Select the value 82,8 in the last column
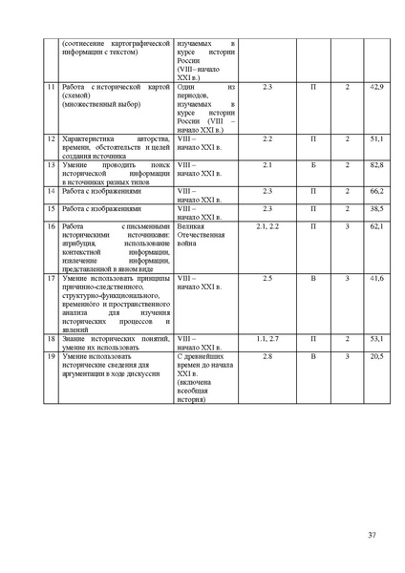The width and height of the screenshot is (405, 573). [x=376, y=166]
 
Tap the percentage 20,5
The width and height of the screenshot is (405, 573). [x=376, y=355]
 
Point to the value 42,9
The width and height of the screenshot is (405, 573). [x=376, y=88]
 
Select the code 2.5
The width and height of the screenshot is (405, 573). [x=266, y=278]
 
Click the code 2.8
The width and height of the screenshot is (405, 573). [x=266, y=355]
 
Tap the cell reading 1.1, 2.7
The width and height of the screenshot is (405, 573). [x=266, y=339]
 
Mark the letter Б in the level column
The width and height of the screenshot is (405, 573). [x=313, y=166]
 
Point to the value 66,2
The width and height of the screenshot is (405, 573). [x=376, y=192]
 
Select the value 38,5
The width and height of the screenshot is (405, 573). [x=376, y=208]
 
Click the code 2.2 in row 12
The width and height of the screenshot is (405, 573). [x=266, y=139]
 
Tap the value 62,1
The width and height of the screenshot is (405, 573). [x=376, y=226]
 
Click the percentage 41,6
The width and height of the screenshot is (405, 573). [x=376, y=278]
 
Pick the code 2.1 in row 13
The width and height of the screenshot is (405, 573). [x=266, y=166]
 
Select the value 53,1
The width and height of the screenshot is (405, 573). [x=376, y=339]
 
